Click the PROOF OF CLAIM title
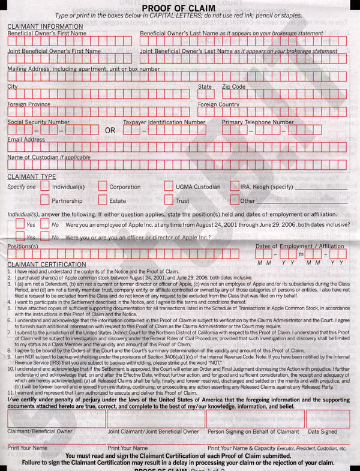pyautogui.click(x=181, y=7)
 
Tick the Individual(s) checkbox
pyautogui.click(x=46, y=186)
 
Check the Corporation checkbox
pyautogui.click(x=103, y=186)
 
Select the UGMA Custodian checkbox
pyautogui.click(x=169, y=186)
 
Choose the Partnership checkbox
pyautogui.click(x=46, y=200)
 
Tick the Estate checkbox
pyautogui.click(x=103, y=200)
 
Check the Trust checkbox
pyautogui.click(x=169, y=200)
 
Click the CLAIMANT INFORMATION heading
pyautogui.click(x=45, y=26)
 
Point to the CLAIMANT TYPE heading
pyautogui.click(x=31, y=177)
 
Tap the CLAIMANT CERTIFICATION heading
pyautogui.click(x=46, y=264)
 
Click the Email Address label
pyautogui.click(x=26, y=140)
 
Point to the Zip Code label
pyautogui.click(x=233, y=87)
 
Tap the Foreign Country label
pyautogui.click(x=218, y=104)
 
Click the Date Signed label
pyautogui.click(x=322, y=431)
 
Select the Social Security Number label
pyautogui.click(x=38, y=122)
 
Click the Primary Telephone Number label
pyautogui.click(x=257, y=122)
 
